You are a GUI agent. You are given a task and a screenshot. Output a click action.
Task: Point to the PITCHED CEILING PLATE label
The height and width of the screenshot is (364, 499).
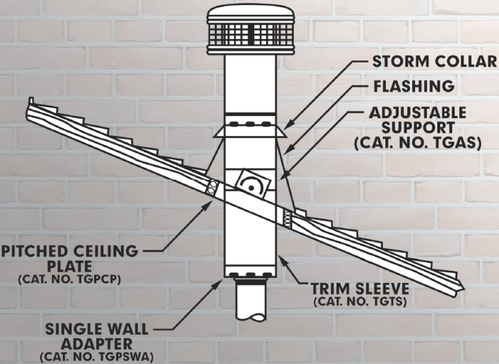[70, 258]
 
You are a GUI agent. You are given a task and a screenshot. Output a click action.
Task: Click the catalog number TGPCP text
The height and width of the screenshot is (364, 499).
[70, 280]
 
